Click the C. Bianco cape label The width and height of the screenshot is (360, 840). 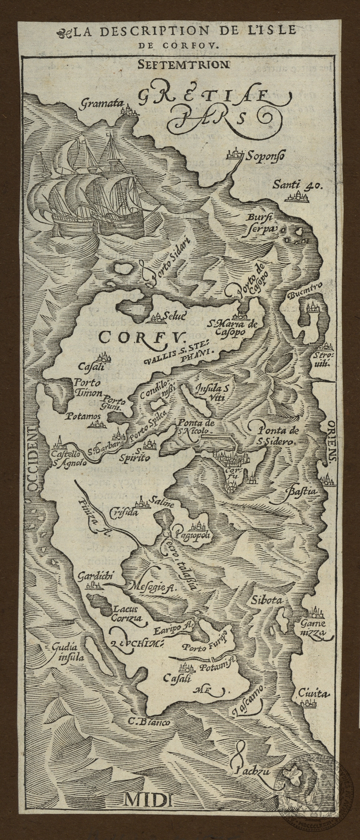click(x=149, y=722)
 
